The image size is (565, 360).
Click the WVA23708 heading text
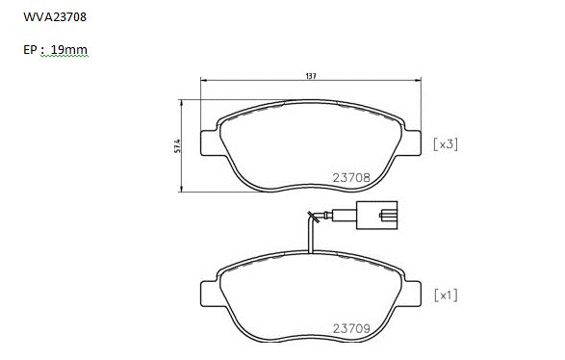click(55, 17)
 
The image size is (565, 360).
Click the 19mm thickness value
click(69, 50)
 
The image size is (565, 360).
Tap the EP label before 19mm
click(30, 50)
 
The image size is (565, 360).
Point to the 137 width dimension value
click(311, 76)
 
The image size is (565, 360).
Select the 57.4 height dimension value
click(177, 145)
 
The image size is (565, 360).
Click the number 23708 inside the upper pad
click(351, 178)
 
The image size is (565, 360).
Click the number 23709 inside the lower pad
click(351, 328)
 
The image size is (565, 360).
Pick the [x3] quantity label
click(446, 144)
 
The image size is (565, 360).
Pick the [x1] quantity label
click(446, 296)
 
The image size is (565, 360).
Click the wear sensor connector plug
click(377, 216)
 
